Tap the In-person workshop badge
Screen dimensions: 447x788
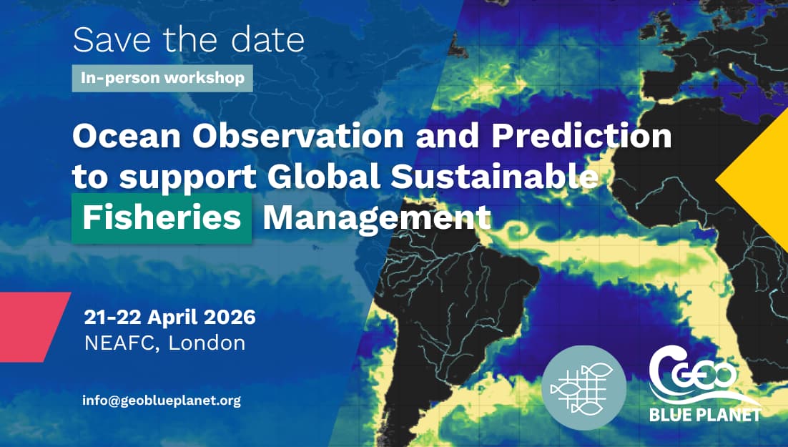coord(162,78)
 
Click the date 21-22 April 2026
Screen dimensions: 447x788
coord(169,316)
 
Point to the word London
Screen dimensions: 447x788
coord(207,343)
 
